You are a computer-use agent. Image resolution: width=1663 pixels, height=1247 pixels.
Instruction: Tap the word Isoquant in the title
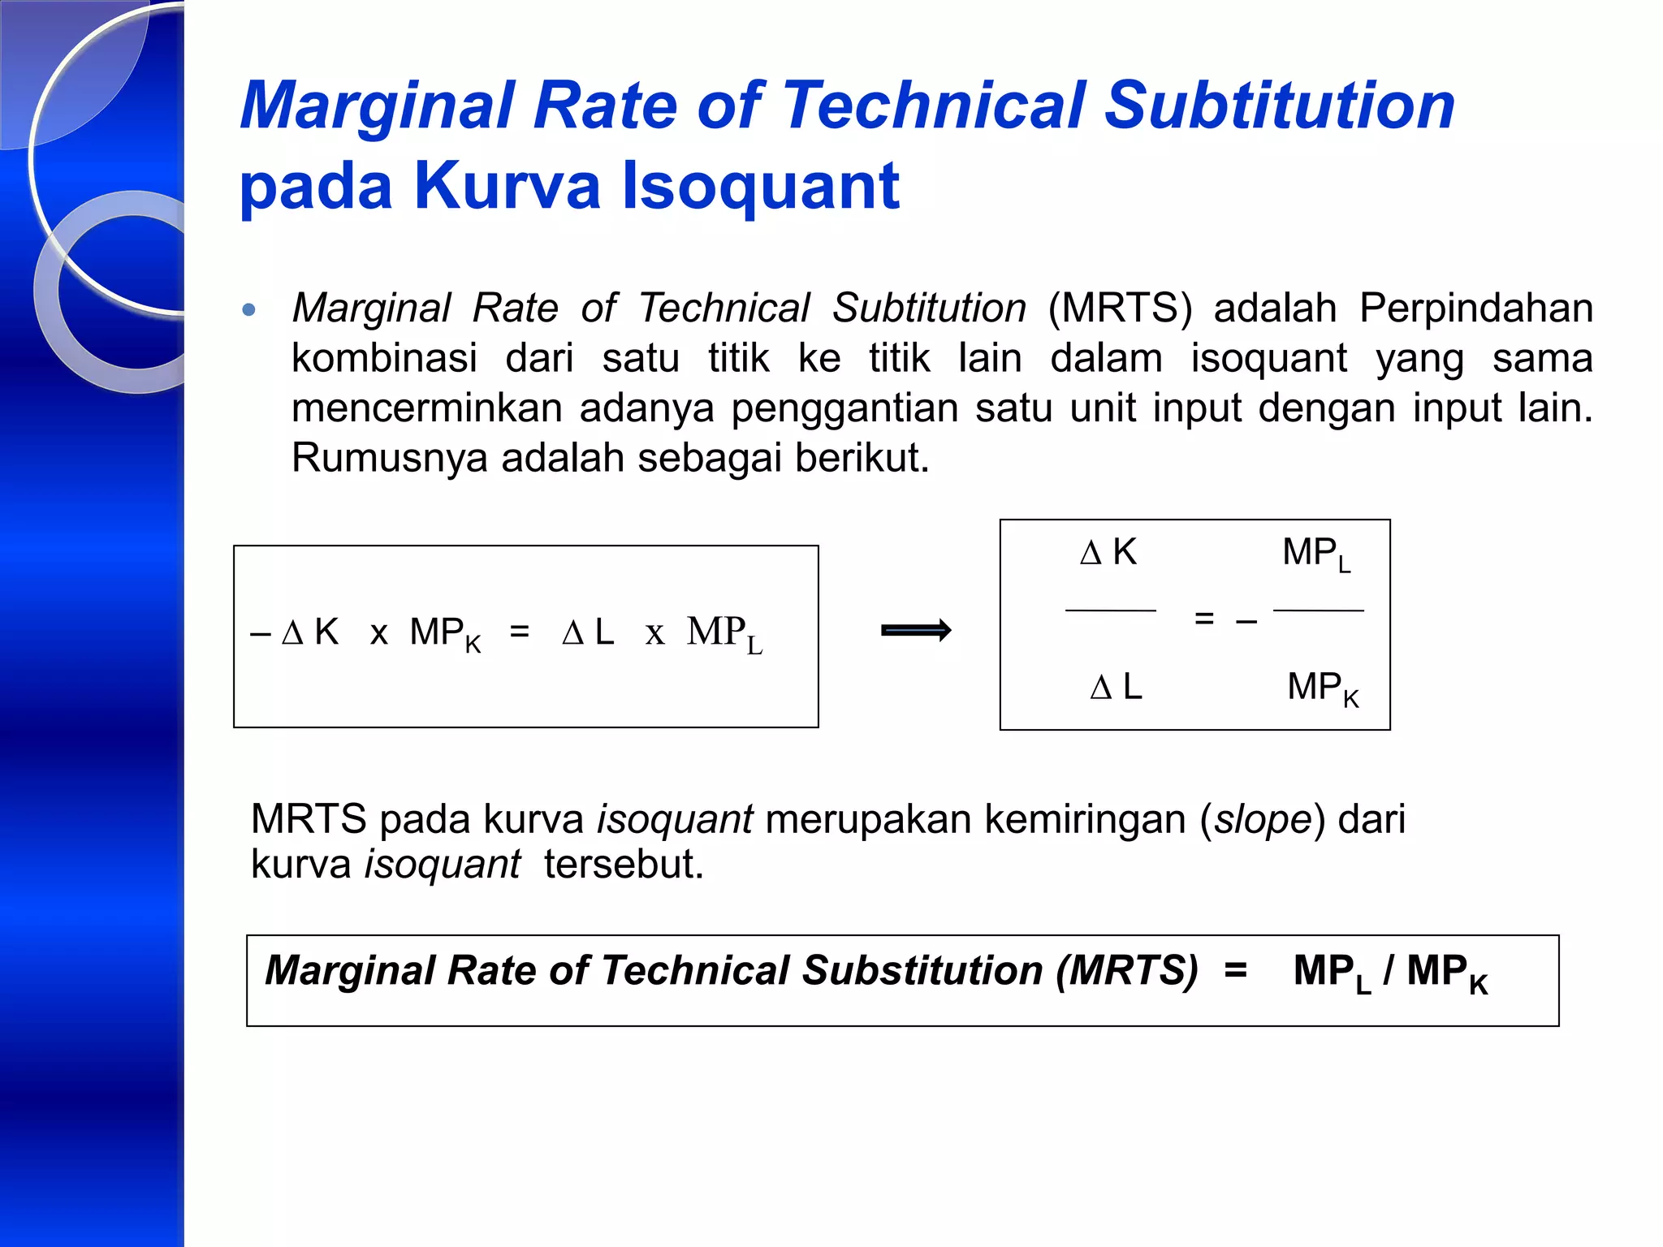(x=761, y=187)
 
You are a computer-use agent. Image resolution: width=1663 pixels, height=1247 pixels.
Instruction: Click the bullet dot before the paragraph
(x=249, y=309)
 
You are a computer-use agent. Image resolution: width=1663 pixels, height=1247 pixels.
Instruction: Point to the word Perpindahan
(x=1475, y=309)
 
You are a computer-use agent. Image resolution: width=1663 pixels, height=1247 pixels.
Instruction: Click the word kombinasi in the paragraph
(x=384, y=358)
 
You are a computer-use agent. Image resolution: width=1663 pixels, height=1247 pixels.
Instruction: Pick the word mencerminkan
(x=426, y=408)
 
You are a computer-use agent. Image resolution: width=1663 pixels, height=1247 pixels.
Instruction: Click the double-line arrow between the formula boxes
(x=916, y=631)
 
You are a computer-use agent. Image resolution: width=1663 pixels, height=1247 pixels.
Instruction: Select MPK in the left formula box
(x=444, y=633)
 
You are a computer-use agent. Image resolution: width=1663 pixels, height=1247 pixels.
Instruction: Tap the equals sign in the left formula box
(x=520, y=632)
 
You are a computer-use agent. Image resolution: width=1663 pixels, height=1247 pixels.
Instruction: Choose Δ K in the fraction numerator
(x=1108, y=552)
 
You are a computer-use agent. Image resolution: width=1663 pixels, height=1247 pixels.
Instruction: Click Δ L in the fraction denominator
(x=1116, y=688)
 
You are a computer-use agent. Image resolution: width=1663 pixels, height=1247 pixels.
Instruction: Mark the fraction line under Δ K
(x=1110, y=610)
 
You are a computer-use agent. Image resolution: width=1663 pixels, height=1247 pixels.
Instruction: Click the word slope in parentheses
(x=1263, y=819)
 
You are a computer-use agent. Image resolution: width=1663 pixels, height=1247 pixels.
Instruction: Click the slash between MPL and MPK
(x=1389, y=970)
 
